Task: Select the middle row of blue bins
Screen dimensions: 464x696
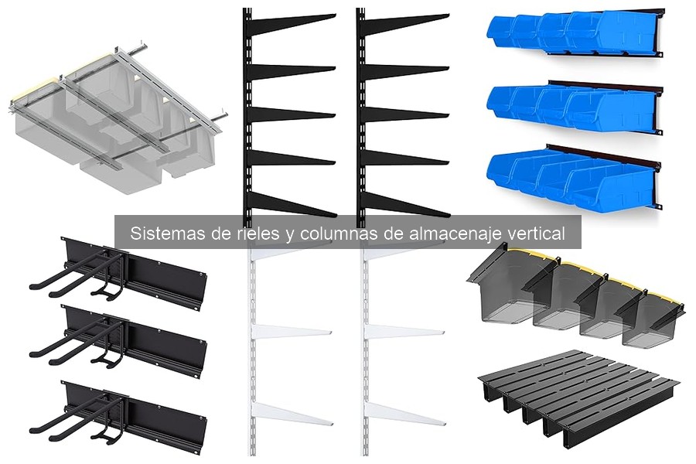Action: (573, 107)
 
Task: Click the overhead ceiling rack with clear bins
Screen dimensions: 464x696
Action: (116, 116)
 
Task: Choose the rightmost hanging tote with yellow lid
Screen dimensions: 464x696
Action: (653, 317)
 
